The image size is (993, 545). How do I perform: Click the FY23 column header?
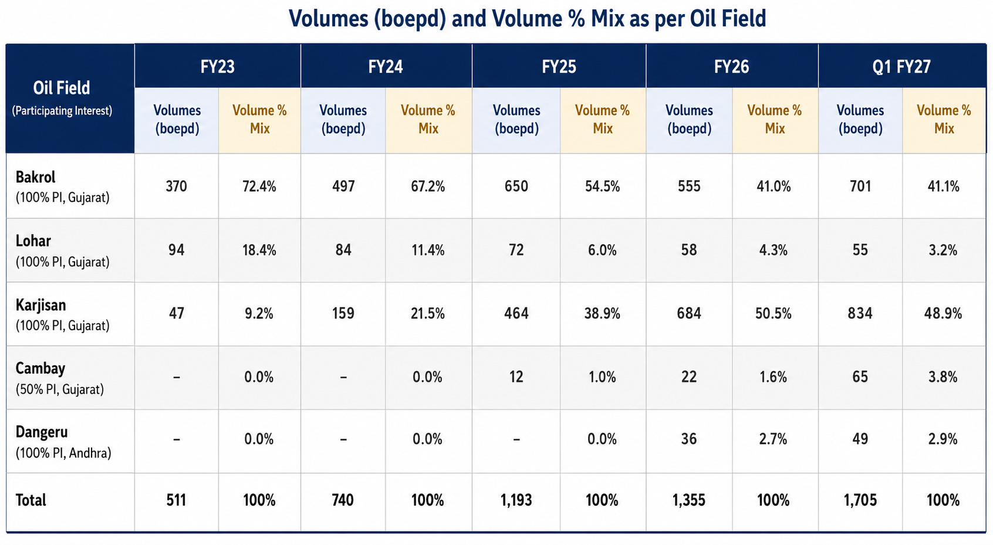click(x=217, y=67)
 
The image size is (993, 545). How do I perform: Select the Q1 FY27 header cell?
click(x=901, y=67)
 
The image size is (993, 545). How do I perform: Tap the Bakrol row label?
click(x=35, y=177)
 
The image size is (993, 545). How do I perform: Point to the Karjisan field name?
click(x=40, y=305)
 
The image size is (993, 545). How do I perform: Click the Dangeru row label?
click(x=42, y=432)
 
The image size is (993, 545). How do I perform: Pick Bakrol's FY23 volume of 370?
click(x=177, y=186)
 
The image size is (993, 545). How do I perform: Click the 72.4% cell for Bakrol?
click(x=259, y=186)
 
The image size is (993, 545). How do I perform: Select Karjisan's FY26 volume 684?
click(x=689, y=313)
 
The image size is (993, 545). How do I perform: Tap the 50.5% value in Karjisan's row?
click(x=773, y=313)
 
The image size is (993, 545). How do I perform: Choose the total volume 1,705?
click(x=860, y=500)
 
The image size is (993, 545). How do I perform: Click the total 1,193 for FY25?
click(x=516, y=500)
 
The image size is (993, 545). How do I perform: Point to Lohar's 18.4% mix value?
click(x=259, y=250)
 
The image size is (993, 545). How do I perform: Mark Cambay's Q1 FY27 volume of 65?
click(x=860, y=377)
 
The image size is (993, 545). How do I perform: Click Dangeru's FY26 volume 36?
click(x=689, y=439)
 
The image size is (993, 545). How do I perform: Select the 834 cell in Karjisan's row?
click(x=860, y=313)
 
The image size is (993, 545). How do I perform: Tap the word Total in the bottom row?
click(x=31, y=500)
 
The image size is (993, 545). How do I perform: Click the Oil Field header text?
click(x=62, y=88)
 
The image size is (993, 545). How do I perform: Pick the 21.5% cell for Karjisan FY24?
click(x=428, y=313)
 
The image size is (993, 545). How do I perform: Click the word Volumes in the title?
click(x=329, y=19)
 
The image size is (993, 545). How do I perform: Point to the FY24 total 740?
click(x=343, y=500)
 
